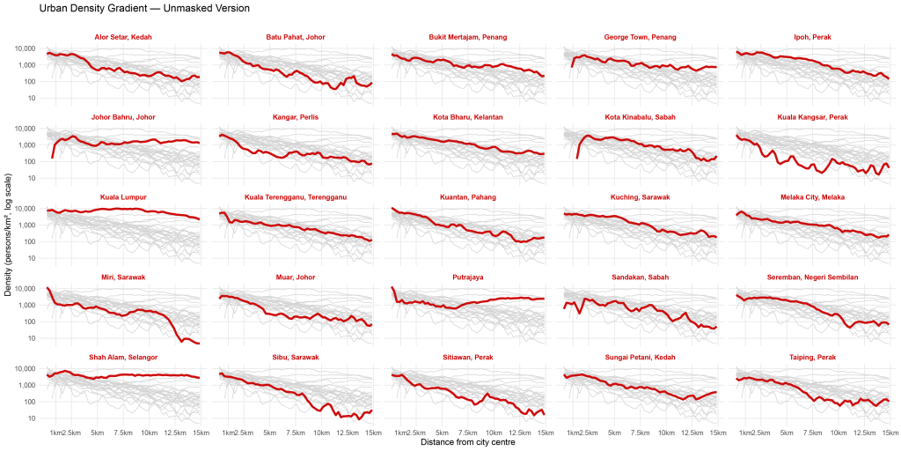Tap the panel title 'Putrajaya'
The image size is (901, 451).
tap(468, 277)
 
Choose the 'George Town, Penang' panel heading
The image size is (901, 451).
tap(641, 37)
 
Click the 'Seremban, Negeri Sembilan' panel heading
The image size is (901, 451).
tap(812, 277)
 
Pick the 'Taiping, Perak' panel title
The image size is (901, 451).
tap(812, 358)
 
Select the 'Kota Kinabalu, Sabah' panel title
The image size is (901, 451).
tap(641, 117)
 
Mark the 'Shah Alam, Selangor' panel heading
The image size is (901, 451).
tap(123, 358)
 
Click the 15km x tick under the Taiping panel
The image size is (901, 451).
tap(890, 431)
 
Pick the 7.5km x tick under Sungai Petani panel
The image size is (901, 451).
tap(641, 431)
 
